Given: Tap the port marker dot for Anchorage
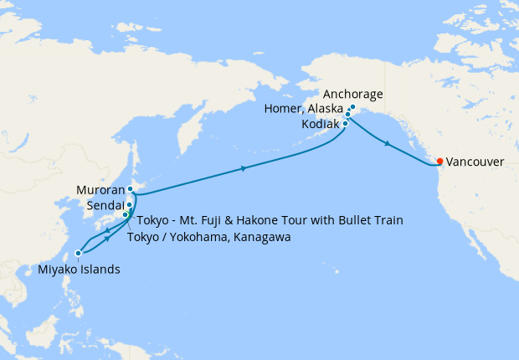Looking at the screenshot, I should coord(352,107).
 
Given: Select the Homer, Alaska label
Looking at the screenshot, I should coord(304,110).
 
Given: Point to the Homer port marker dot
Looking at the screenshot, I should coord(348,114).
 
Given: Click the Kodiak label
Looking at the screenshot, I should coord(319,124).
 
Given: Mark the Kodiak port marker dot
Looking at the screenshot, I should coord(345,124).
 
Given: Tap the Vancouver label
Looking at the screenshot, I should coord(475,161).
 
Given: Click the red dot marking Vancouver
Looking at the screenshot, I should coord(440,160).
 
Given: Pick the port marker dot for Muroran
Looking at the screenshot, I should coord(131,189).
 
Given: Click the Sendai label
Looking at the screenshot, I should coord(105,205).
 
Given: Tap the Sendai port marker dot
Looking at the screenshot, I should coord(130,204).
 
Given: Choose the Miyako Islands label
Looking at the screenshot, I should coord(79,269).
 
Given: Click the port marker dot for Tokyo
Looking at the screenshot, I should coord(126,215).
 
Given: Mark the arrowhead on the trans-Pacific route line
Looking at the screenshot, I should coord(243,169).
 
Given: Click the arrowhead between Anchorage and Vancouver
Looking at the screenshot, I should coord(387,145).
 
